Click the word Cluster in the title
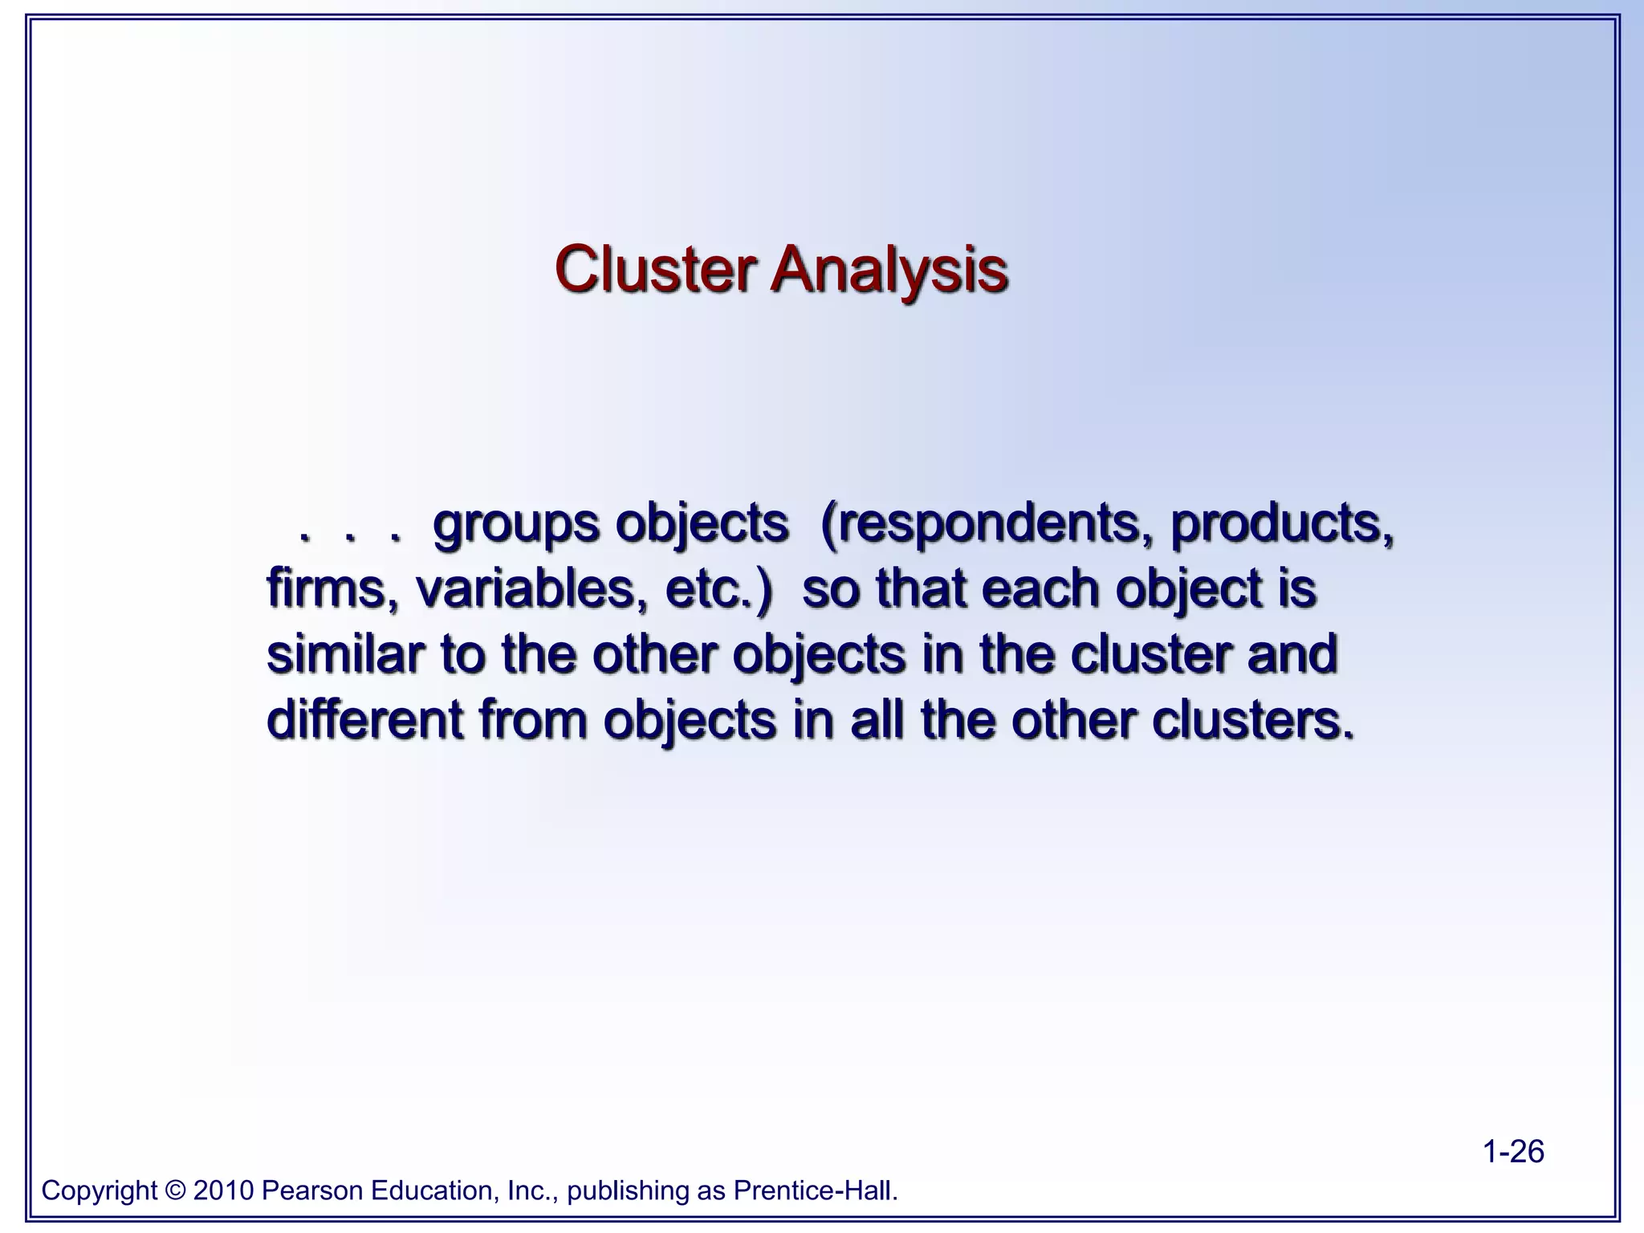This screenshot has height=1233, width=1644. (654, 270)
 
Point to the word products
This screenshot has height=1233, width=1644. (1281, 525)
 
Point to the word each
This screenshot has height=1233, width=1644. (1040, 588)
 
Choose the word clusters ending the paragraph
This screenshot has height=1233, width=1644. (1252, 719)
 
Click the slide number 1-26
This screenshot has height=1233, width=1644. (1513, 1151)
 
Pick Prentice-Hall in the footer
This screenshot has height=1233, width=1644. (816, 1190)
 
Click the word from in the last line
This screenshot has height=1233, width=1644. (532, 719)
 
